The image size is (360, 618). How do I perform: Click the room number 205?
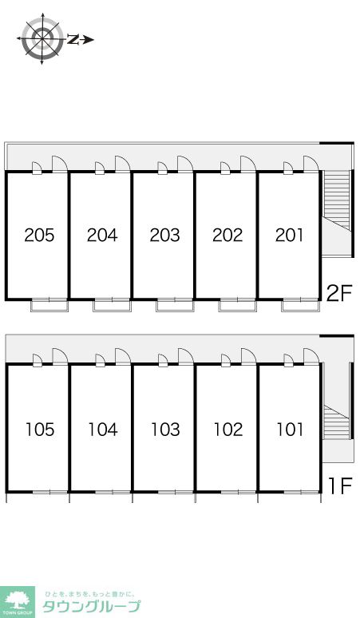point(39,236)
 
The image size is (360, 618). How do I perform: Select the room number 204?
point(102,236)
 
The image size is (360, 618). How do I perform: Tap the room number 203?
point(165,236)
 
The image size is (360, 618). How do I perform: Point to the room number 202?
point(227,236)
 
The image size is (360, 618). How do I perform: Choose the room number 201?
point(290,236)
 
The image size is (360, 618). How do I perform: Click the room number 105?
point(39,430)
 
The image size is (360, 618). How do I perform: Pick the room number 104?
point(102,430)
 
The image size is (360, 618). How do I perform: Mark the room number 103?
point(165,430)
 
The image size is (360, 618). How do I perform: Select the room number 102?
point(227,430)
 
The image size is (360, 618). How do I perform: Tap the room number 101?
point(290,430)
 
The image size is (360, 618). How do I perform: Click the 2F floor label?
point(339,293)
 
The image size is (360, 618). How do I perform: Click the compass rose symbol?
point(42,38)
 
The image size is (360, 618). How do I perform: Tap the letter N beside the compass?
point(73,38)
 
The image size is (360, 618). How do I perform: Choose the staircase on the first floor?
point(336,423)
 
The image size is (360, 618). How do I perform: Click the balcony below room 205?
point(49,303)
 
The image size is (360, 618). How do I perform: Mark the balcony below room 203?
point(175,303)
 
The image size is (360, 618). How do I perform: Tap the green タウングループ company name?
point(91,606)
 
